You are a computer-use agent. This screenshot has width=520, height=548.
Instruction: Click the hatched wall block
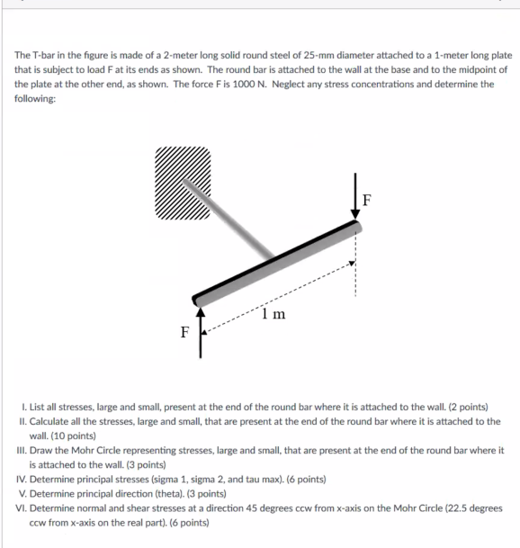(x=183, y=183)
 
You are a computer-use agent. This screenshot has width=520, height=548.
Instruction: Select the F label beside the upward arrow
(x=185, y=332)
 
